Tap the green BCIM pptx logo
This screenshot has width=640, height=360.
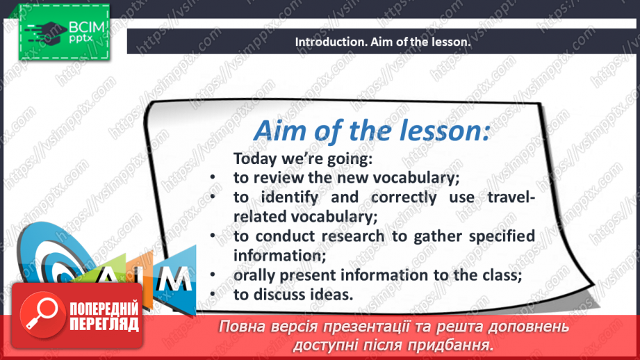click(x=64, y=32)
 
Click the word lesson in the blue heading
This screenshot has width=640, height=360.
click(x=444, y=131)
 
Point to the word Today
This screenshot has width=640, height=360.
click(x=255, y=158)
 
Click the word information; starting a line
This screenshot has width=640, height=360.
click(x=279, y=256)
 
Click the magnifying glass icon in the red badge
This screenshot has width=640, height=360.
click(x=42, y=314)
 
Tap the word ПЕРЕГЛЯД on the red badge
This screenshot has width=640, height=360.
click(x=104, y=325)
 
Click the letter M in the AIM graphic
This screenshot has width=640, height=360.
click(x=174, y=279)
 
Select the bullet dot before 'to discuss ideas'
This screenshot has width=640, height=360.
click(x=213, y=295)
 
